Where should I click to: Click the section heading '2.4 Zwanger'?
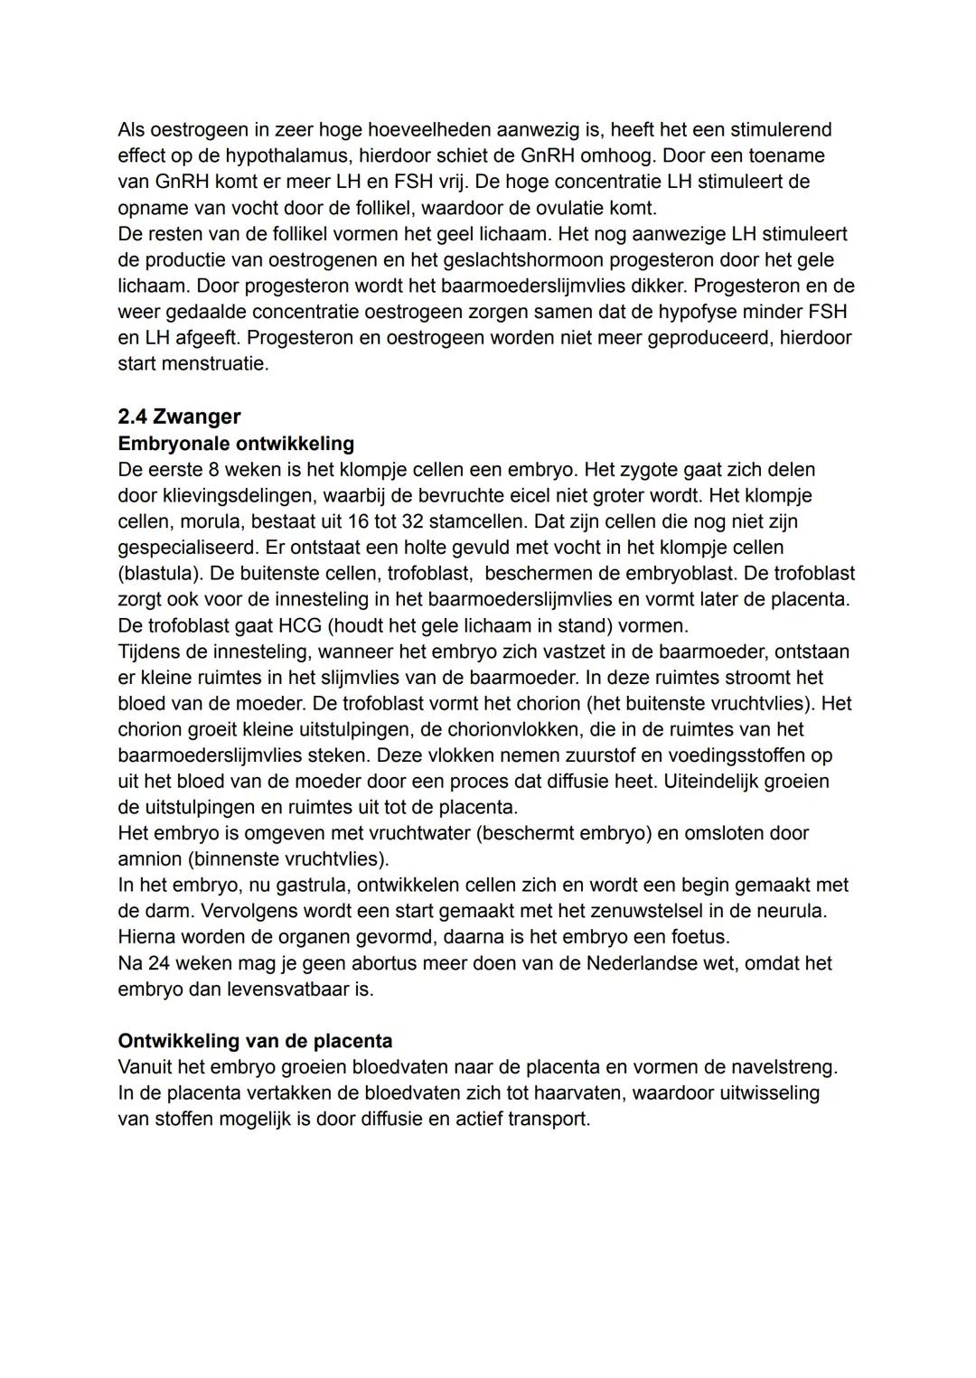[179, 417]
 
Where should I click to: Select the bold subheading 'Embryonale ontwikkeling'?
[236, 444]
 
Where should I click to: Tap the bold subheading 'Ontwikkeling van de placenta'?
[255, 1041]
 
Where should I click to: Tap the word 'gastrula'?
[296, 886]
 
